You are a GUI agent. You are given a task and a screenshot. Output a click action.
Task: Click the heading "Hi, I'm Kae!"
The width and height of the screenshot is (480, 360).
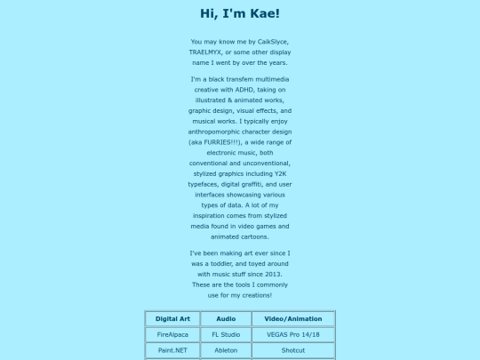pyautogui.click(x=240, y=13)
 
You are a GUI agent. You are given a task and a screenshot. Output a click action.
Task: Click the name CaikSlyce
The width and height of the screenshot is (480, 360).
pyautogui.click(x=270, y=42)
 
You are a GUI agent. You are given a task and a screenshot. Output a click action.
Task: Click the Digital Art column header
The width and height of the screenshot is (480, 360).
pyautogui.click(x=172, y=318)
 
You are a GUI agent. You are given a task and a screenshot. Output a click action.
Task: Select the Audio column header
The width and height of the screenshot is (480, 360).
pyautogui.click(x=226, y=318)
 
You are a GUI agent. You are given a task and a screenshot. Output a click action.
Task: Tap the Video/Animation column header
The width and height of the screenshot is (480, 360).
pyautogui.click(x=293, y=318)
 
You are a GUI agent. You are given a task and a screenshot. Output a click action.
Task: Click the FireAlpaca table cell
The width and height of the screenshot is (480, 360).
pyautogui.click(x=172, y=335)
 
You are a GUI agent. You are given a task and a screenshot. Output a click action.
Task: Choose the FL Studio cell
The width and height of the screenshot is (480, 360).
pyautogui.click(x=226, y=335)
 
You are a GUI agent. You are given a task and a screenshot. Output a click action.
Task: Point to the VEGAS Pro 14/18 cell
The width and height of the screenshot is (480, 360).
pyautogui.click(x=293, y=335)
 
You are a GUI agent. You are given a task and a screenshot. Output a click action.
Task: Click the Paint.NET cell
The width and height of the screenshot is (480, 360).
pyautogui.click(x=172, y=351)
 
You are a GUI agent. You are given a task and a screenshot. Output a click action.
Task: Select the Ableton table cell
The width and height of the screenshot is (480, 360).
pyautogui.click(x=226, y=351)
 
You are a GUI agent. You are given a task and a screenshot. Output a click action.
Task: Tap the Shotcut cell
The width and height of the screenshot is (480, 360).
pyautogui.click(x=293, y=351)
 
